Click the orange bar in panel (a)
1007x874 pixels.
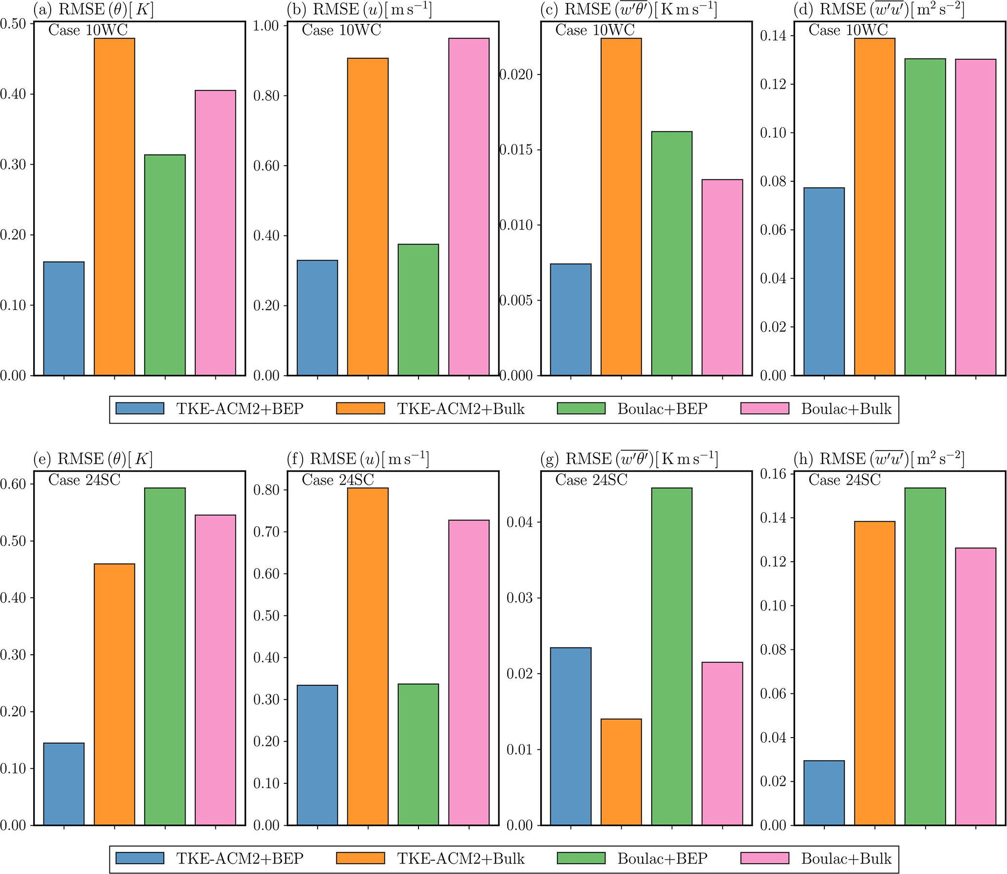[114, 207]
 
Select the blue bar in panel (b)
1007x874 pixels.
[317, 318]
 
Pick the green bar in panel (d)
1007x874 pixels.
[925, 217]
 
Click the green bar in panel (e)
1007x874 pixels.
[165, 657]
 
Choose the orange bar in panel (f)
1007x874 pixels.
[368, 657]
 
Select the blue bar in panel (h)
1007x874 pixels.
[824, 793]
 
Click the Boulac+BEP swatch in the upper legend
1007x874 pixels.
[581, 408]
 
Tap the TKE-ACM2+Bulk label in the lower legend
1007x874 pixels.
[461, 858]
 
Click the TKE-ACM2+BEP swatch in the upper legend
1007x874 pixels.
[140, 408]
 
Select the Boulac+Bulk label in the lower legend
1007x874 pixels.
[846, 858]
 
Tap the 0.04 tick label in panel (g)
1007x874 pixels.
[520, 522]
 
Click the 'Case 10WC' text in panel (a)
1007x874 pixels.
[88, 30]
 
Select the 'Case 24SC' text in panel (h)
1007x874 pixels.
[845, 480]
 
